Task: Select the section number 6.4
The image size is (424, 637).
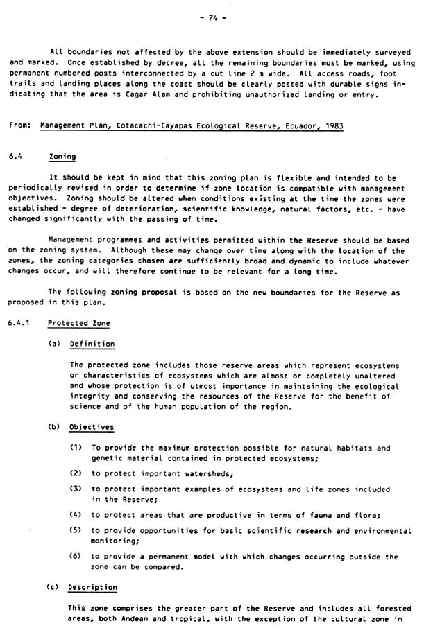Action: click(x=16, y=157)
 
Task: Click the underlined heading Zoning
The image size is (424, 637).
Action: click(x=62, y=157)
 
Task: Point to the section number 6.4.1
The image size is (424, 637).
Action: click(x=20, y=323)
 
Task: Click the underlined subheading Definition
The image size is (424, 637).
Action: click(x=92, y=343)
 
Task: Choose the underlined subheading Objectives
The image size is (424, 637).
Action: click(x=92, y=427)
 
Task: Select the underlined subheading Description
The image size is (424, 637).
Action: click(x=92, y=587)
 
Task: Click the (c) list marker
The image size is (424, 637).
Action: click(x=53, y=587)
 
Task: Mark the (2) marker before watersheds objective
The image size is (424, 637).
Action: click(x=76, y=473)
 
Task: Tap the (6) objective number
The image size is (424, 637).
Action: click(x=76, y=556)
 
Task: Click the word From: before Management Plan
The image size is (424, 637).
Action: click(x=21, y=125)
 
